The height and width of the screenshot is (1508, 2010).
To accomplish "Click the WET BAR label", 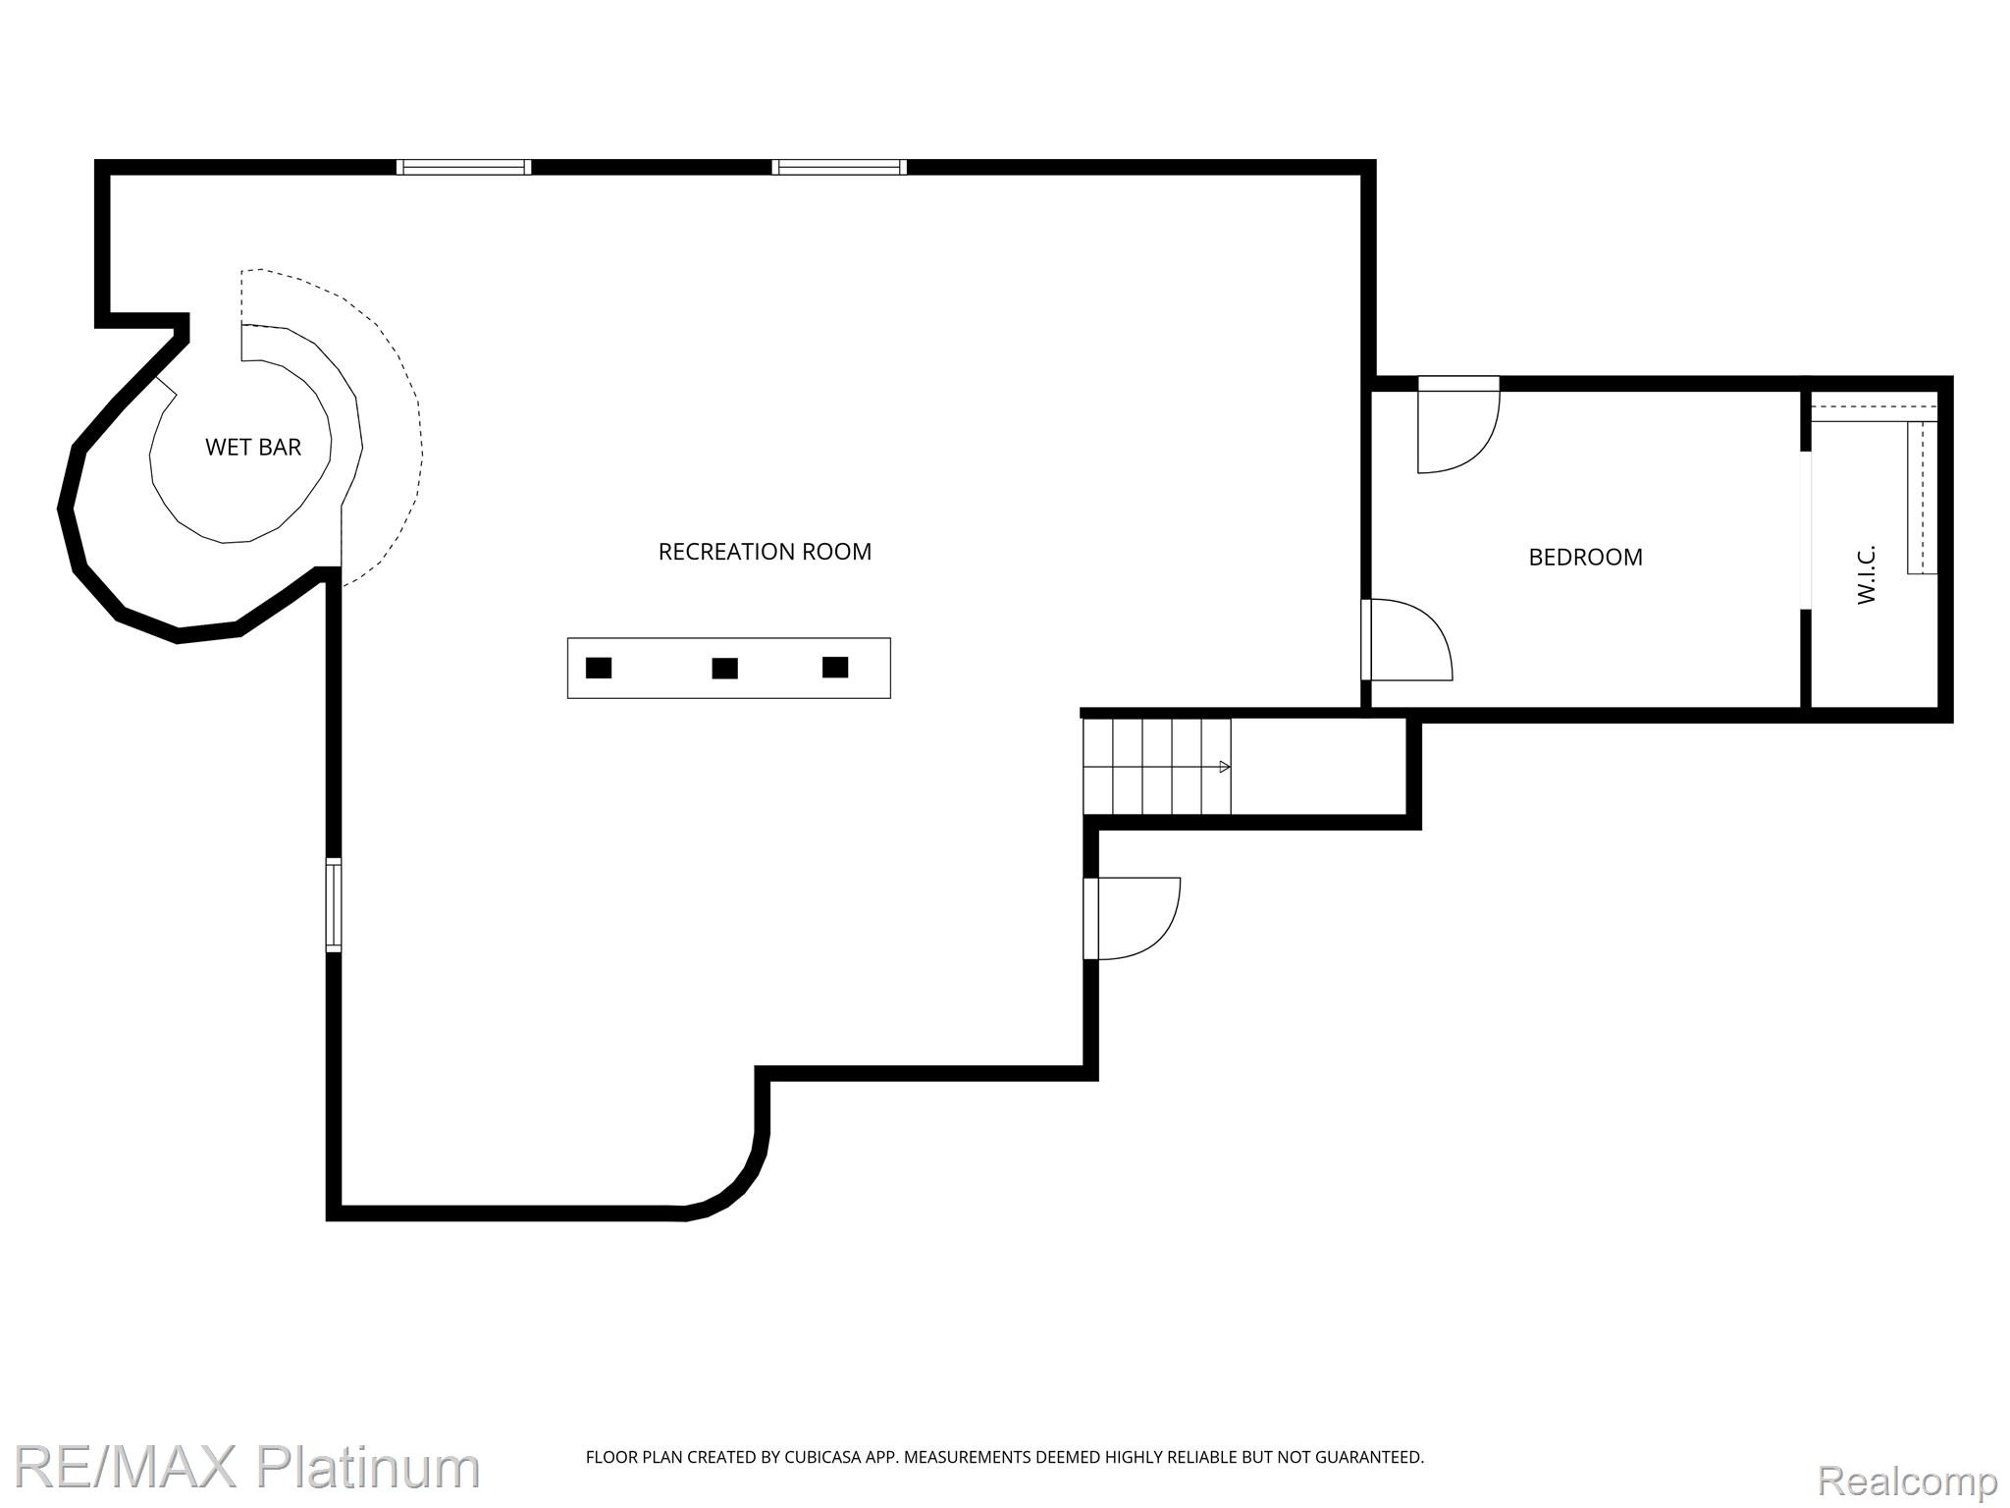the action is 253,447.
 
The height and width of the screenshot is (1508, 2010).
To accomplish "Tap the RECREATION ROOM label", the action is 765,552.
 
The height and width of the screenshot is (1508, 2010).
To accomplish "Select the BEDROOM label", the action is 1585,557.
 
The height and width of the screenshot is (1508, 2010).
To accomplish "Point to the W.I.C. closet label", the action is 1867,574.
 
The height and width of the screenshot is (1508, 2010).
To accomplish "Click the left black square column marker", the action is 599,668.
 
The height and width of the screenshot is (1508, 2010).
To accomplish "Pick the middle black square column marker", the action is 724,669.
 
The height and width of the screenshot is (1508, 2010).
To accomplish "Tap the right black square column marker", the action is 835,668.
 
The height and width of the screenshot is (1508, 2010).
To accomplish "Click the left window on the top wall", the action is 463,167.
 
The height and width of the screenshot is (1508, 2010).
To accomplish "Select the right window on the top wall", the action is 839,167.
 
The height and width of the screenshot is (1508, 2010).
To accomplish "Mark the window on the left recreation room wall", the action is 334,904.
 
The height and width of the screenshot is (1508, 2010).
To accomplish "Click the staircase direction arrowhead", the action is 1225,767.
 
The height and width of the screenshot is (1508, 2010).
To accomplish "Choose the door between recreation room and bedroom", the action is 1406,639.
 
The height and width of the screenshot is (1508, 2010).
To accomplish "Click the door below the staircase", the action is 1132,918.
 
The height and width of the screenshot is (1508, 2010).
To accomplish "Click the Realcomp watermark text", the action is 1908,1480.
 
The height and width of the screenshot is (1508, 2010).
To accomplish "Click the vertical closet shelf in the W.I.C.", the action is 1922,498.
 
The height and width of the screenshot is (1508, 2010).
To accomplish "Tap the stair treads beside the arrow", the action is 1157,767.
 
